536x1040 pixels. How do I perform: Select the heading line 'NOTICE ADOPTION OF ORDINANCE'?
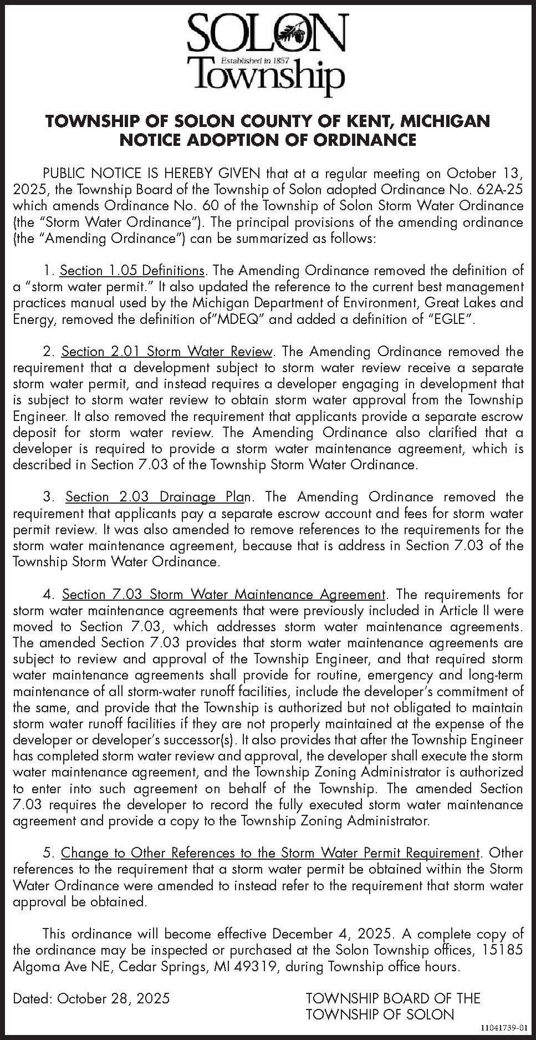coord(268,140)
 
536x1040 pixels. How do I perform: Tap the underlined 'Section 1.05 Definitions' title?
coord(132,271)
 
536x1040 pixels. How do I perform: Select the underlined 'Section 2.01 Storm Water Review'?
coord(167,352)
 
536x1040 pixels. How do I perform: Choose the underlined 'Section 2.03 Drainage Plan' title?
coord(159,497)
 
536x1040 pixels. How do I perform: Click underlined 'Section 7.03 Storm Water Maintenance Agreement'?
coord(223,595)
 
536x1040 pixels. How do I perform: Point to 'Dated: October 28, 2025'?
coord(91,999)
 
